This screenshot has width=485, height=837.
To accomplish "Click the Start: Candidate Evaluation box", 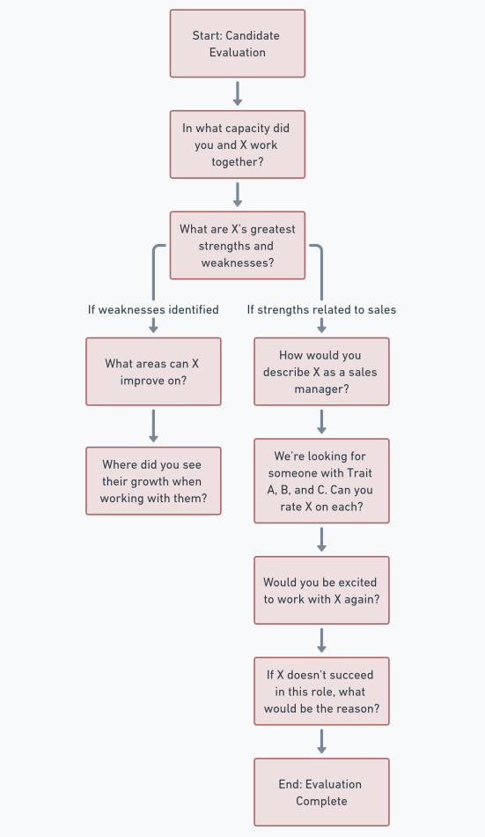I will point(237,43).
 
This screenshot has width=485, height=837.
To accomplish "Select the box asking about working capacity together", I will point(237,144).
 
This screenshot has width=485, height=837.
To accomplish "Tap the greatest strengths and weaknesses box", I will point(237,245).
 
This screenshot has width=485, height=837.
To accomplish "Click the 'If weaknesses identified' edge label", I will point(153,309).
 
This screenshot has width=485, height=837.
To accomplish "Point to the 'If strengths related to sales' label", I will point(321,309).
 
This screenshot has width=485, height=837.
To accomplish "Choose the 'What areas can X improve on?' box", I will point(153,372).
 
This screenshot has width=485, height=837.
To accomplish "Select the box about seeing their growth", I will point(153,481).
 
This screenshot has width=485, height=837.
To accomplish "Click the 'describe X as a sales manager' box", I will point(321,372).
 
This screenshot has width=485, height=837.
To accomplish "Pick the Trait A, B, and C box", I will point(321,482).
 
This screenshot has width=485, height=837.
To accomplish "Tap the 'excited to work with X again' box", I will point(321,591).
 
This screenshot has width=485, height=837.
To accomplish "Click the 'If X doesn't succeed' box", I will point(321,692).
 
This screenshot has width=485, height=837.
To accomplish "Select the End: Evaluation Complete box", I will point(321,792).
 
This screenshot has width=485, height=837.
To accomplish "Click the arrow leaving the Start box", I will point(237,93).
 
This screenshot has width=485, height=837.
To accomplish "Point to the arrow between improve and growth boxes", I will point(153,426).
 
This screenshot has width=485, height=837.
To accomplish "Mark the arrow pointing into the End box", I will point(321,741).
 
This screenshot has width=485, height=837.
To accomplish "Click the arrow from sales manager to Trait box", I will point(321,421).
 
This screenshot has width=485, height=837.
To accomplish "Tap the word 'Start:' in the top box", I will point(208,35).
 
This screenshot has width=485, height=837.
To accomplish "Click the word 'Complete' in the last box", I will point(321,801).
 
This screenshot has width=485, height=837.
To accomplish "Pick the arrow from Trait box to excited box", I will point(321,539).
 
